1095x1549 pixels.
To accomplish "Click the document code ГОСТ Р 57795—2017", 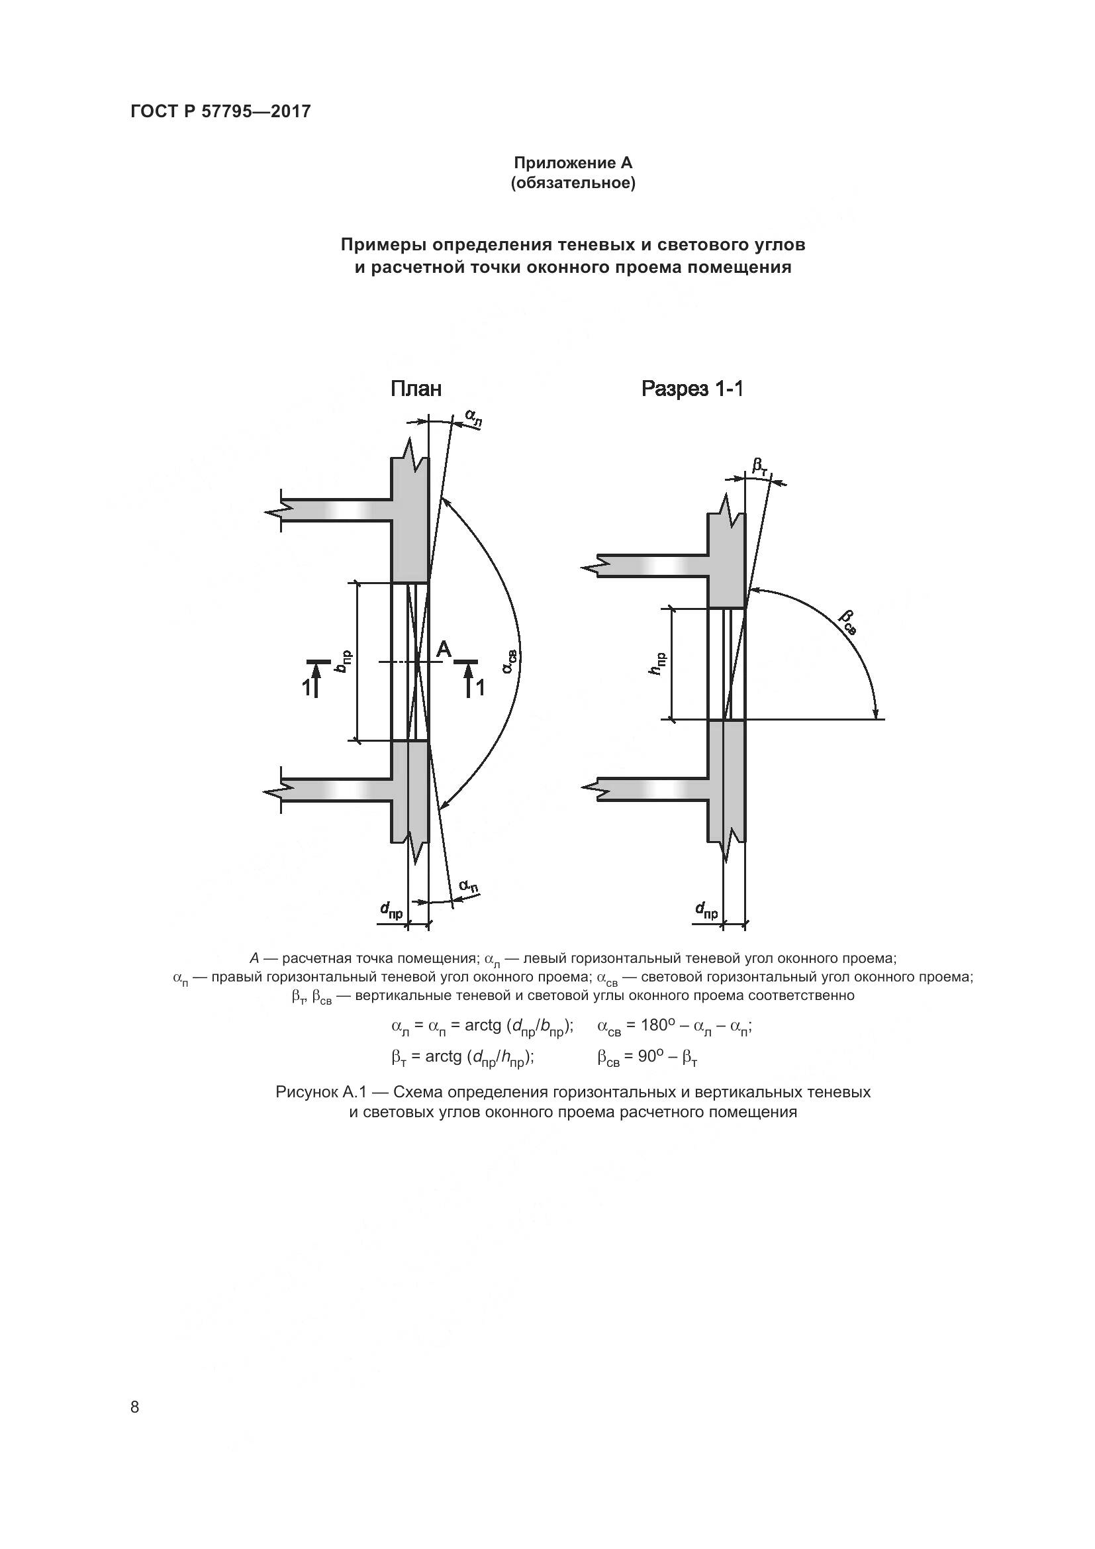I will (220, 111).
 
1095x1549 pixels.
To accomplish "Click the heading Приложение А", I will (573, 163).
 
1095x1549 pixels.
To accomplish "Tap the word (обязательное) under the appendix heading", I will (573, 183).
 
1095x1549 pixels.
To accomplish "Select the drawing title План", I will (416, 389).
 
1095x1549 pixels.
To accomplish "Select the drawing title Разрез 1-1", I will (692, 389).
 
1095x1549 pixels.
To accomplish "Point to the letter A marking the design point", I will (443, 650).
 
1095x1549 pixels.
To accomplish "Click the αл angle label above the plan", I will (474, 419).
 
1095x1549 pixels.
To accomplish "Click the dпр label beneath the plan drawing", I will (391, 911).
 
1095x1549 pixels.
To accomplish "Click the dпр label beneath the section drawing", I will (706, 911).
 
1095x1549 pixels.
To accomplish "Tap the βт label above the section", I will (759, 466).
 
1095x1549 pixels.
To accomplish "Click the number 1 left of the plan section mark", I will (306, 688).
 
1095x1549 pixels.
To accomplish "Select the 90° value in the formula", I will (651, 1056).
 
